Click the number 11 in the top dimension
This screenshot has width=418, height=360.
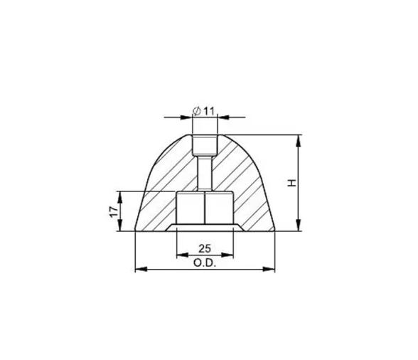[x=210, y=111]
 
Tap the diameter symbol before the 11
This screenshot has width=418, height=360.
[x=196, y=111]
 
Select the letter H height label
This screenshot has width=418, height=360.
[x=291, y=183]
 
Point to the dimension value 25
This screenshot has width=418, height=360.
[x=204, y=248]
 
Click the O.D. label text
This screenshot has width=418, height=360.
[x=204, y=262]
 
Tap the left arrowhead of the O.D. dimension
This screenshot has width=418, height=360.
[x=139, y=269]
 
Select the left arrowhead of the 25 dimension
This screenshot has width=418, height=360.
[x=180, y=255]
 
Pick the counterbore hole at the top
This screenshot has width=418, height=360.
[x=204, y=145]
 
